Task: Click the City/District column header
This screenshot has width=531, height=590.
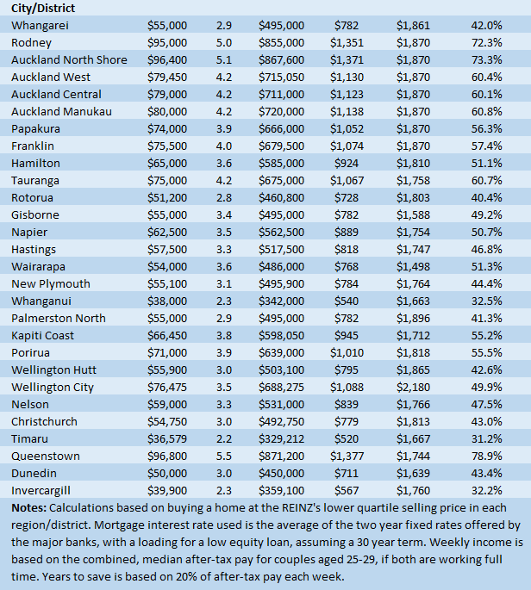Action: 42,8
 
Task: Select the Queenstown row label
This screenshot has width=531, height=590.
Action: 46,456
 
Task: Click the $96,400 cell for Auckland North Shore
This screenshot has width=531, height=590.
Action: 167,59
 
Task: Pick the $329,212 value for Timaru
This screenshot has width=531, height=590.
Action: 281,438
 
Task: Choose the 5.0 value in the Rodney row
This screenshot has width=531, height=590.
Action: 223,42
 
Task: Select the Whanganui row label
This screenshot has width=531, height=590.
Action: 42,301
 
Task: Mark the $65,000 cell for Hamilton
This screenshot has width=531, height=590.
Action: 167,163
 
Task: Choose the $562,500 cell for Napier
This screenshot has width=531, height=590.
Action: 281,232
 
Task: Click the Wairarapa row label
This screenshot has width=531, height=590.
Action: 40,266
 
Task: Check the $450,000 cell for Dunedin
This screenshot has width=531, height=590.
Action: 281,473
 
